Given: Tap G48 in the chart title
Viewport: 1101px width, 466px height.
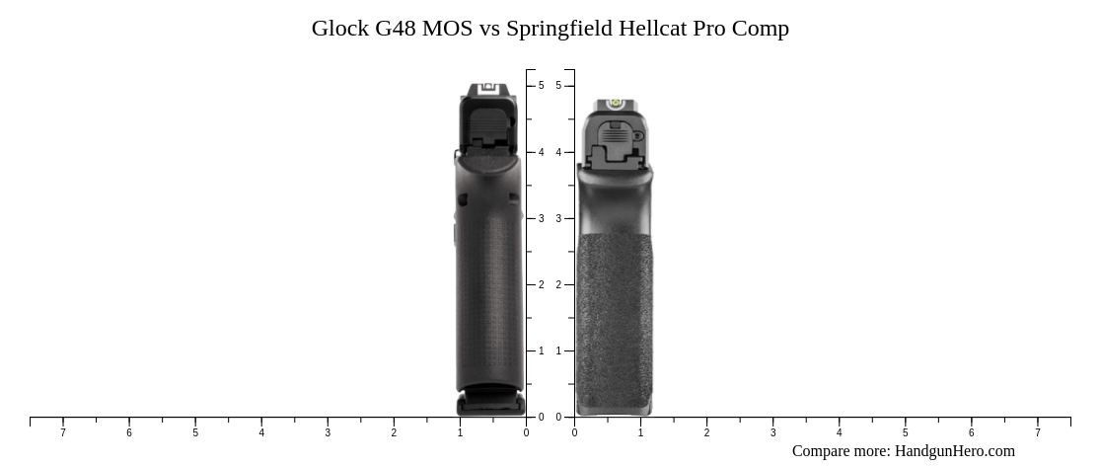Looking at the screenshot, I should (x=396, y=29).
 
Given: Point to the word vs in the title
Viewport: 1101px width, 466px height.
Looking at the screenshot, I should (x=489, y=29).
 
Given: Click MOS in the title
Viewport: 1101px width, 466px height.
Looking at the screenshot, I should (x=448, y=29).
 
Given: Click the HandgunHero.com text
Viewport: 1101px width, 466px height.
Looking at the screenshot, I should (x=954, y=451).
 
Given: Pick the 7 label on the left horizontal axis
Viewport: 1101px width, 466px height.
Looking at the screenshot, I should (x=63, y=432).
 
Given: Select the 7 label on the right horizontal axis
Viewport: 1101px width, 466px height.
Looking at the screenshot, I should (x=1037, y=432).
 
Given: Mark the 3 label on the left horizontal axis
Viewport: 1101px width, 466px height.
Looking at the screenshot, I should (x=328, y=432).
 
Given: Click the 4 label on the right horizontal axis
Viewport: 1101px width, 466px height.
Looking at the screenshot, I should (x=839, y=432).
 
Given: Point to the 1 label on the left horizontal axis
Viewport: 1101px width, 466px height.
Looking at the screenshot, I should (x=460, y=432).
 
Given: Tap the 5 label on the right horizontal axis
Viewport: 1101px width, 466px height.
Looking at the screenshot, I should (x=905, y=432).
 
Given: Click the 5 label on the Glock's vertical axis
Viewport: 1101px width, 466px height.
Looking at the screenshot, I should (x=541, y=86).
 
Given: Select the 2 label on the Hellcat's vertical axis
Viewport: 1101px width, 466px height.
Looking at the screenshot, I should (x=558, y=284).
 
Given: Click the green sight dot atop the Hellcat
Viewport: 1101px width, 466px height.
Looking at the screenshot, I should (x=614, y=103).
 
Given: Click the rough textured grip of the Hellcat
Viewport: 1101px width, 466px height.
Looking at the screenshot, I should (x=614, y=316).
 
